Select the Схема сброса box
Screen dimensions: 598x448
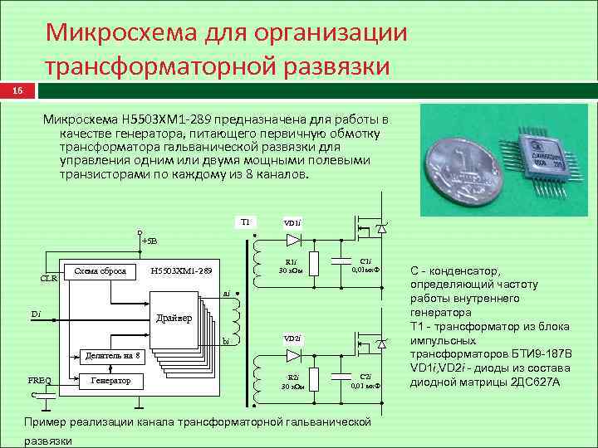tap(100, 270)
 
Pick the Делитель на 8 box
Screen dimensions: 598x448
tap(115, 355)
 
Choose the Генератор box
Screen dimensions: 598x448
tap(110, 380)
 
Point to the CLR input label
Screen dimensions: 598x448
tap(49, 278)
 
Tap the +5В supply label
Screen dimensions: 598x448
tap(150, 241)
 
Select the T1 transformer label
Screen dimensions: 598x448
tap(245, 222)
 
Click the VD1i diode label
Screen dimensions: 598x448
tap(292, 222)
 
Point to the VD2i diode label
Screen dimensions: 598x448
tap(292, 338)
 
